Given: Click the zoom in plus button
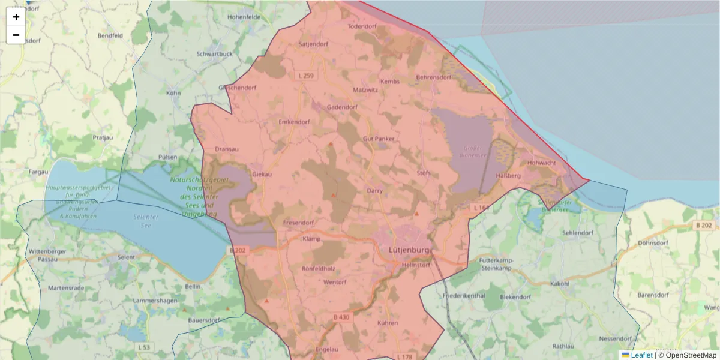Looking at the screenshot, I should (x=16, y=17).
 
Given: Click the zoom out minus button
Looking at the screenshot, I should (x=16, y=35).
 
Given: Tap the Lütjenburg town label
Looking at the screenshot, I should (x=410, y=250).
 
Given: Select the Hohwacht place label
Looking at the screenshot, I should (x=542, y=163).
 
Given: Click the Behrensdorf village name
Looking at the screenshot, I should (x=433, y=77).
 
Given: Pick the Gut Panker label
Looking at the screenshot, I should (x=379, y=139).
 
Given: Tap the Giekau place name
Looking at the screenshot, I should (x=262, y=174).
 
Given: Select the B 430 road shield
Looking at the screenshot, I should (x=341, y=316).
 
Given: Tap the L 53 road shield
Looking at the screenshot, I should (x=144, y=347).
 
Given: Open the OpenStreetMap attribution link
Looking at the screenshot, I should (x=691, y=355).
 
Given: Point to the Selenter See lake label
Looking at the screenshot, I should (x=146, y=221).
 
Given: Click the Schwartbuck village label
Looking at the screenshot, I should (x=214, y=53).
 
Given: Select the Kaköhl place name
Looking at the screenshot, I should (x=559, y=283).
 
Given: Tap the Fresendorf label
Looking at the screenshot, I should (x=298, y=223).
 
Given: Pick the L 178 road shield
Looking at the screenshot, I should (x=404, y=357).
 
